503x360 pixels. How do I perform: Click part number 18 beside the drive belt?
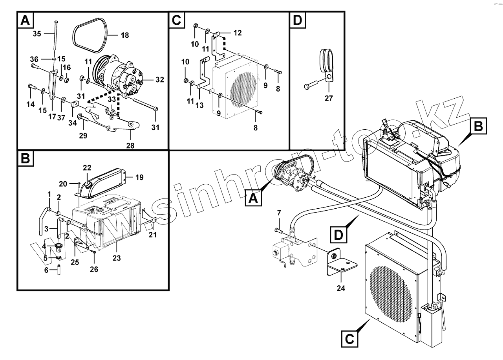[124, 35]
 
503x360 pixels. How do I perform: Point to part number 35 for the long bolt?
[37, 34]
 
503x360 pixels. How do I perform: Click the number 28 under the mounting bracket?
[130, 145]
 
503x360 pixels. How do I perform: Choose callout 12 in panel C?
[238, 33]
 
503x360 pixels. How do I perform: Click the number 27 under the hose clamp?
[329, 98]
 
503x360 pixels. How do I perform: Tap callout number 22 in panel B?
[87, 168]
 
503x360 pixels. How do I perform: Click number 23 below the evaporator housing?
[117, 258]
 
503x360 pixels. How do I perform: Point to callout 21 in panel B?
[152, 235]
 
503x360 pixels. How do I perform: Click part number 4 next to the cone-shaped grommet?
[44, 246]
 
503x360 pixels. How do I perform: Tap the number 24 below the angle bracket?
[340, 288]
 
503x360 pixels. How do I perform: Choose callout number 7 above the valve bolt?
[279, 213]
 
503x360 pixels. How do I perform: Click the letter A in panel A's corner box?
[25, 20]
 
